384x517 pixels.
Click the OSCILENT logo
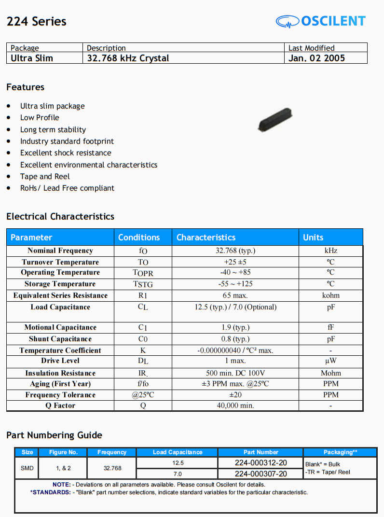(321, 21)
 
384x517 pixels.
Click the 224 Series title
(36, 21)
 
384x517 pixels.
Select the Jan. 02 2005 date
(316, 58)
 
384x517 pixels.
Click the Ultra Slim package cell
(32, 58)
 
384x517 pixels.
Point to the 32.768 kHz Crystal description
(128, 58)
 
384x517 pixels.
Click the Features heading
(25, 87)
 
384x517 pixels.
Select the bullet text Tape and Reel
(45, 176)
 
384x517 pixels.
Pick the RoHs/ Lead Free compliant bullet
(67, 188)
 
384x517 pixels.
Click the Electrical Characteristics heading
(60, 216)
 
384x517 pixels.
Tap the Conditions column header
(139, 237)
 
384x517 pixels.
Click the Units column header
(313, 237)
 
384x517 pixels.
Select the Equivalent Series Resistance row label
(60, 295)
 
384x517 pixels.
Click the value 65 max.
(235, 295)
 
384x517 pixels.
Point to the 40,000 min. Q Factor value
(235, 405)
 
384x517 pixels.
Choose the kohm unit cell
(330, 295)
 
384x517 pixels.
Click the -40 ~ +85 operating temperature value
(235, 272)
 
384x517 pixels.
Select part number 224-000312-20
(261, 462)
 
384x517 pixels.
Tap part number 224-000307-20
(261, 474)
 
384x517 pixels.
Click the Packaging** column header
(340, 452)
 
